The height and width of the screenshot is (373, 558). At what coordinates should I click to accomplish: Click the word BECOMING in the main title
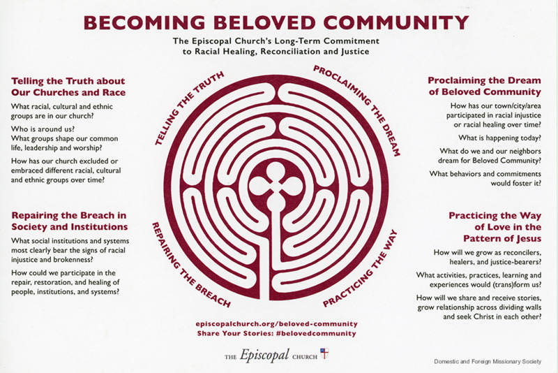(144, 23)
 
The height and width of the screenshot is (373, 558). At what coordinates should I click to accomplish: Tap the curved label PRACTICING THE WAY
(360, 268)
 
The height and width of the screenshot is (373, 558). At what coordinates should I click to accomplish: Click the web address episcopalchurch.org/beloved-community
(276, 324)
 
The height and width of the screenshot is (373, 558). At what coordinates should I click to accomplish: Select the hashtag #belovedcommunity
(316, 333)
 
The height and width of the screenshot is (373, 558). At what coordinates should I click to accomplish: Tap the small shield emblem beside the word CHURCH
(324, 353)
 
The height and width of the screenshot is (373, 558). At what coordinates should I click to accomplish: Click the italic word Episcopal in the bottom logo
(264, 355)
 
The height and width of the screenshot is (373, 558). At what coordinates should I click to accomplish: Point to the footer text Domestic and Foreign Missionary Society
(488, 361)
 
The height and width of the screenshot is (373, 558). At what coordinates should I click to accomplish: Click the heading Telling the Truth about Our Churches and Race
(68, 87)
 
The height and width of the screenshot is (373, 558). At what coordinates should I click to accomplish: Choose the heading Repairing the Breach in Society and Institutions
(69, 221)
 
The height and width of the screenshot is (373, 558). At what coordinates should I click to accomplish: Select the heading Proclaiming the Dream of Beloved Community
(484, 86)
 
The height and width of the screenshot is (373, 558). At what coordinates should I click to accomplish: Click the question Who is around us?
(43, 129)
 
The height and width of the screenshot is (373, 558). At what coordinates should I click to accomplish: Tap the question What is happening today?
(499, 138)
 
